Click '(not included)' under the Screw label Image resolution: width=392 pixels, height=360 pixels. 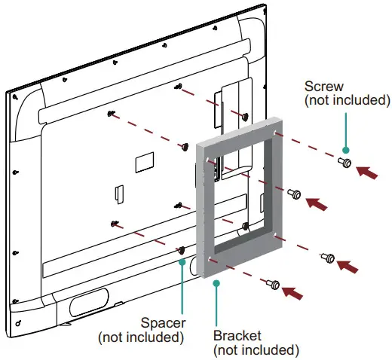tap(347, 100)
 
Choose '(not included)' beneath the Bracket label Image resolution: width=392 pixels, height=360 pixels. tap(256, 349)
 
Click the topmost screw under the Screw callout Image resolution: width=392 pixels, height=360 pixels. tap(345, 162)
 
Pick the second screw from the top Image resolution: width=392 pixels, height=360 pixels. tap(295, 194)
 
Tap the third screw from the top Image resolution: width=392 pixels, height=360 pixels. tap(328, 258)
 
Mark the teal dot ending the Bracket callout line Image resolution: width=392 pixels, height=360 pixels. tap(216, 283)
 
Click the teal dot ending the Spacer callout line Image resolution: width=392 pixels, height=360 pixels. tap(181, 262)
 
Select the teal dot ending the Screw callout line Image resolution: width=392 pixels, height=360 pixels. tap(345, 148)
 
